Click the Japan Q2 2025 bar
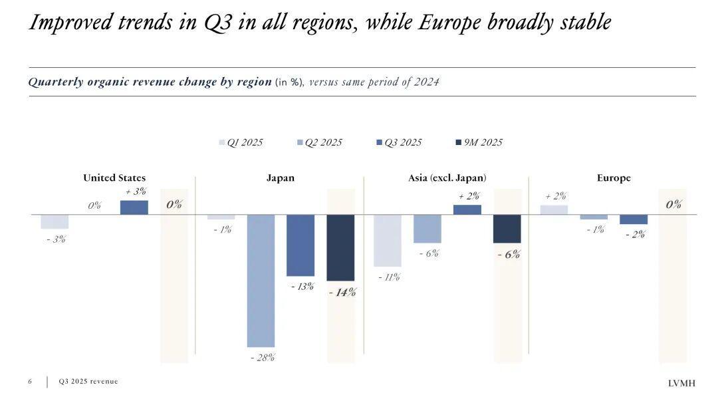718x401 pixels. pyautogui.click(x=261, y=280)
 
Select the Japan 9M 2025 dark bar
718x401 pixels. pyautogui.click(x=340, y=247)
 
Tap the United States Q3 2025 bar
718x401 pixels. pyautogui.click(x=134, y=207)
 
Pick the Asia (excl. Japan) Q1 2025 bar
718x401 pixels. pyautogui.click(x=388, y=240)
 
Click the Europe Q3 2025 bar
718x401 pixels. pyautogui.click(x=634, y=219)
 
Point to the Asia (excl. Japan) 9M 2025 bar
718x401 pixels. pyautogui.click(x=507, y=229)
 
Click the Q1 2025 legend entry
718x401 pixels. pyautogui.click(x=241, y=142)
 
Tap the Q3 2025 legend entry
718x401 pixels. pyautogui.click(x=399, y=142)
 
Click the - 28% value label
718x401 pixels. pyautogui.click(x=263, y=358)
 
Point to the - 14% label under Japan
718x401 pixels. pyautogui.click(x=342, y=292)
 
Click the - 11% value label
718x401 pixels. pyautogui.click(x=389, y=277)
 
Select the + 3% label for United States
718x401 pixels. pyautogui.click(x=136, y=192)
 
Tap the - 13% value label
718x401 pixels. pyautogui.click(x=302, y=287)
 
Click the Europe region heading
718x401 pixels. pyautogui.click(x=614, y=178)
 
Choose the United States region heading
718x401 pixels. pyautogui.click(x=114, y=178)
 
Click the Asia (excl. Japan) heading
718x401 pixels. pyautogui.click(x=447, y=178)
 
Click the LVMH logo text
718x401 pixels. pyautogui.click(x=682, y=383)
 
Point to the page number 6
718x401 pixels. pyautogui.click(x=30, y=382)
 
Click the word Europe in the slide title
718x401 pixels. pyautogui.click(x=451, y=23)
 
